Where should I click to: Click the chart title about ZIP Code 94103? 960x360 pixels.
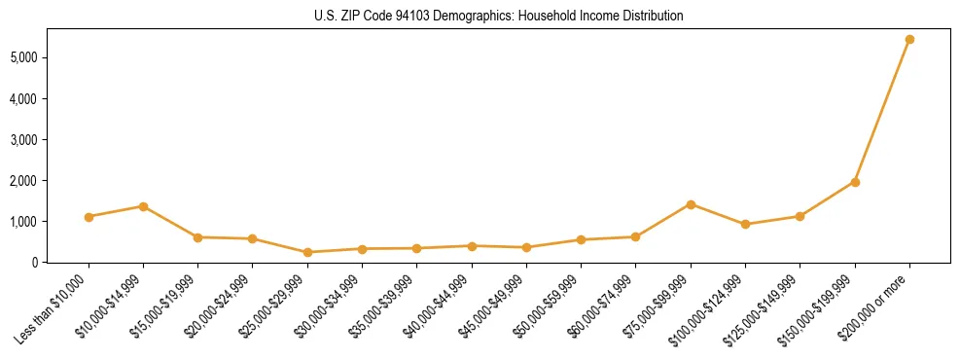(480, 17)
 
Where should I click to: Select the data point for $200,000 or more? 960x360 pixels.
(909, 40)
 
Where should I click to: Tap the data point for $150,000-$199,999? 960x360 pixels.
(855, 182)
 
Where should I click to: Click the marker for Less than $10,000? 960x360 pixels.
(89, 217)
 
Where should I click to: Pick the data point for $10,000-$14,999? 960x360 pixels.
(143, 206)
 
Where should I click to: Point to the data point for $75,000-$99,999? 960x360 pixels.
(691, 204)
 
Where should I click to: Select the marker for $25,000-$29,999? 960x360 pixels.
(307, 252)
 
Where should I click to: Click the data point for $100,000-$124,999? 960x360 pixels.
(745, 225)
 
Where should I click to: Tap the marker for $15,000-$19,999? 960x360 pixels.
(197, 237)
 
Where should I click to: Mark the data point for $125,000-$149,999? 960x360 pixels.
(800, 216)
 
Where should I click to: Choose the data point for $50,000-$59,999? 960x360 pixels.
(581, 239)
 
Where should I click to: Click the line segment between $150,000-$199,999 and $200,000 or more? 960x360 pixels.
(882, 111)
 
